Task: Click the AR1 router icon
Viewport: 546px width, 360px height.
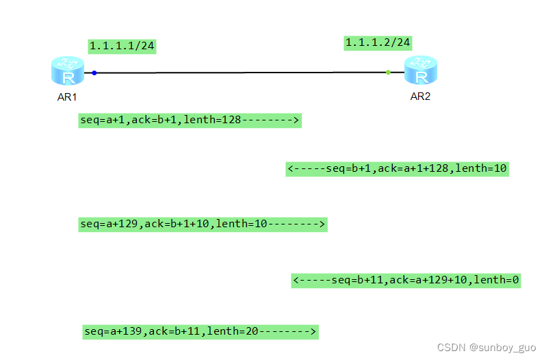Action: click(x=67, y=72)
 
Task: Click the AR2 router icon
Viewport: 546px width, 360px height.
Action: click(x=420, y=71)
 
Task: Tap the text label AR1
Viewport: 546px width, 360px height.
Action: click(x=67, y=97)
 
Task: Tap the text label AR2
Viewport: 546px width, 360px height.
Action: click(x=420, y=97)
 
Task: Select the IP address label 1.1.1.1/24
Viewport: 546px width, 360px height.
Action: click(x=122, y=46)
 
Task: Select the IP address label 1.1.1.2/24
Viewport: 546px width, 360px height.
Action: click(x=378, y=42)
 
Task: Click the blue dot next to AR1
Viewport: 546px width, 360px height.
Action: click(x=94, y=72)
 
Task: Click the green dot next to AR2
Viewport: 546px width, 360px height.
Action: click(x=388, y=72)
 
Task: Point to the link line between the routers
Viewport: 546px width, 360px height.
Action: click(x=239, y=72)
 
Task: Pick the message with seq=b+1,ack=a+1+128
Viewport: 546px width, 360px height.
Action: click(x=397, y=168)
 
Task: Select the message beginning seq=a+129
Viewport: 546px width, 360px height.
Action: click(x=203, y=224)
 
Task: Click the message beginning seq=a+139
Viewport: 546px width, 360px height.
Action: click(x=200, y=331)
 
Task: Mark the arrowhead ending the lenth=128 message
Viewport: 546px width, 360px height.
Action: click(x=297, y=120)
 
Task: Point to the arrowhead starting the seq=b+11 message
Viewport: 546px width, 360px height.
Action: click(x=296, y=280)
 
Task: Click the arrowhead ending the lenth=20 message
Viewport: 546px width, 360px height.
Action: click(x=313, y=331)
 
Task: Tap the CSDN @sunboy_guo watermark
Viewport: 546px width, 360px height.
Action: click(x=486, y=348)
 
